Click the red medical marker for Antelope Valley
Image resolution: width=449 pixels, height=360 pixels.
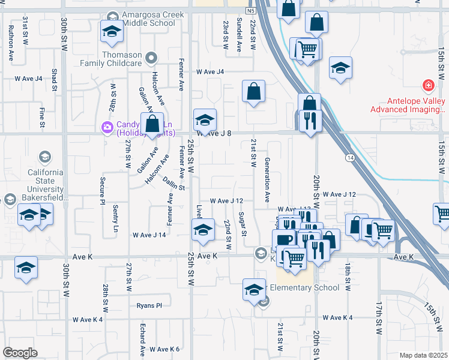[x=428, y=85]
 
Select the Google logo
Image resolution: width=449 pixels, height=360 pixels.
[x=20, y=353]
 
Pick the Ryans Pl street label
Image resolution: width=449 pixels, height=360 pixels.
[x=149, y=305]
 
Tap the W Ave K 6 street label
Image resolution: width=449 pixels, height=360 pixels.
[x=165, y=349]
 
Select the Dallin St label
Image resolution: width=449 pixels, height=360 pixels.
[x=172, y=187]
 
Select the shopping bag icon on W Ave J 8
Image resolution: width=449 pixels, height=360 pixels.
[x=154, y=124]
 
